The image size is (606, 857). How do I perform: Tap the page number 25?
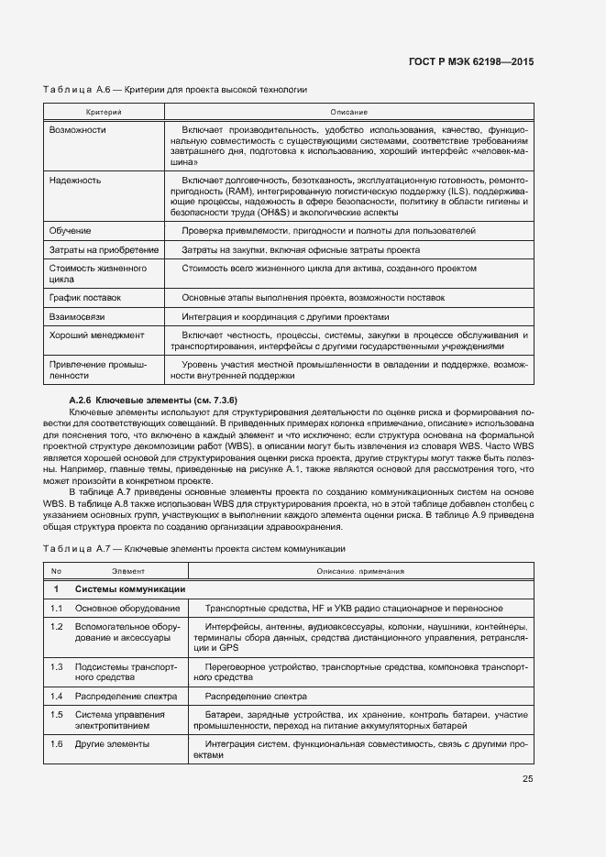527,780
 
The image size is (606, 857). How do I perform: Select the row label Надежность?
75,181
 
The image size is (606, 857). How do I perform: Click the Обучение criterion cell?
69,230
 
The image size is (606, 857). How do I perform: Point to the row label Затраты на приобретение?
104,249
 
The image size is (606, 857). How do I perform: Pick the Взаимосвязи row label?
78,316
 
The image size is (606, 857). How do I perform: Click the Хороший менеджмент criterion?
96,335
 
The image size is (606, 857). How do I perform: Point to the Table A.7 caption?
193,548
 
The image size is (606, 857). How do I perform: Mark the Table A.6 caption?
174,90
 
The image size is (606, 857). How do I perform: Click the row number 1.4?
56,697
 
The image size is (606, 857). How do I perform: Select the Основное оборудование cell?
127,609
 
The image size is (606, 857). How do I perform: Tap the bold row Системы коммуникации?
130,588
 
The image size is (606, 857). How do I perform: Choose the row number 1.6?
56,743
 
